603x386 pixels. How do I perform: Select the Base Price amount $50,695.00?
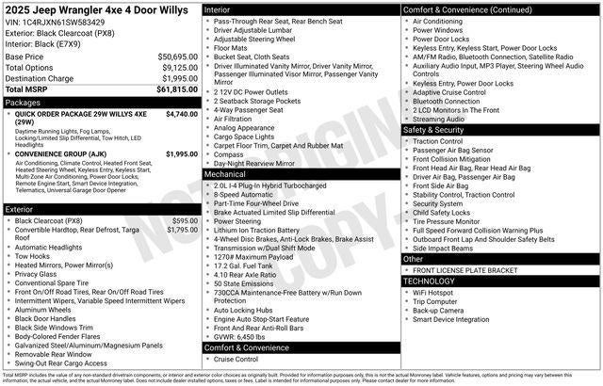tap(178, 56)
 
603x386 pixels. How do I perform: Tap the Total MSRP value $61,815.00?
tap(177, 89)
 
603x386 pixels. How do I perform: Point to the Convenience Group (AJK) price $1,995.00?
tap(182, 153)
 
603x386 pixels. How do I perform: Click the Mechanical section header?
tap(225, 174)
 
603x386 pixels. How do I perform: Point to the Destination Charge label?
tap(39, 78)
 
